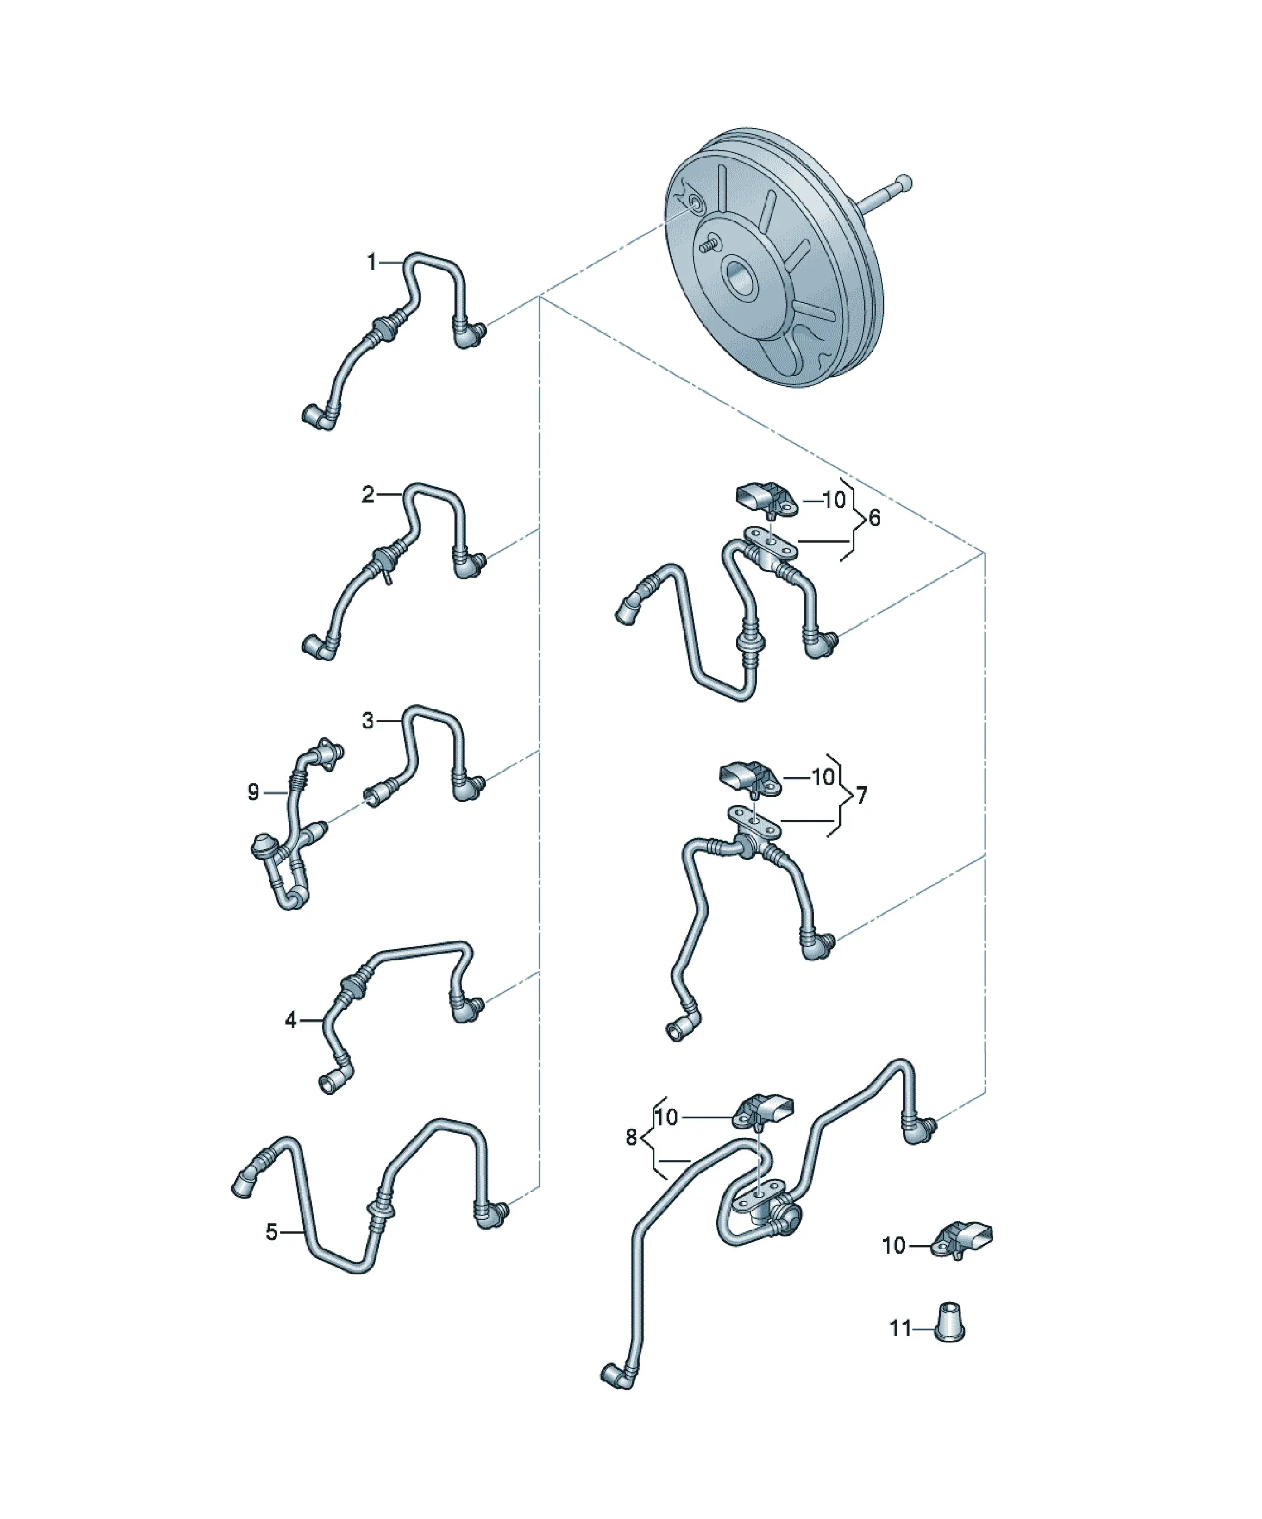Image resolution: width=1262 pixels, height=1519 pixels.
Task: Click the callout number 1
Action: [x=372, y=262]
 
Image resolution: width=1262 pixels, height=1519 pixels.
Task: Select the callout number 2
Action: [x=369, y=494]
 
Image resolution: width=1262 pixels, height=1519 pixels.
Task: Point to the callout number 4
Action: [x=291, y=1020]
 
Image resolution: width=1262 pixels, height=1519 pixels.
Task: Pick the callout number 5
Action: [x=271, y=1232]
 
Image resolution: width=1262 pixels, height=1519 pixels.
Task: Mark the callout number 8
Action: [x=632, y=1138]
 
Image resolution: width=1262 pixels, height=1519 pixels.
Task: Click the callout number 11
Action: [x=900, y=1329]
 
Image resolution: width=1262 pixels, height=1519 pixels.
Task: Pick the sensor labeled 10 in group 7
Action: [x=750, y=779]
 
